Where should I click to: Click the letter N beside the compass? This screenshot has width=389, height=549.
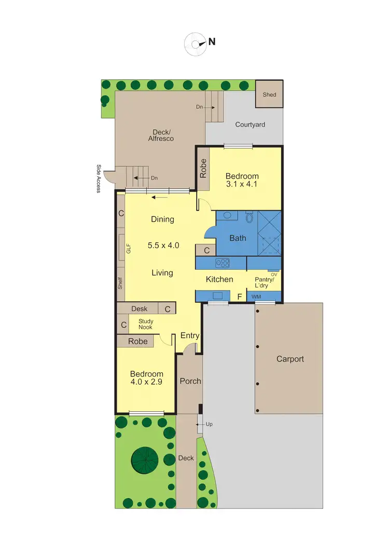tap(212, 42)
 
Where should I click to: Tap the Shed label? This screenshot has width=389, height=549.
tap(269, 95)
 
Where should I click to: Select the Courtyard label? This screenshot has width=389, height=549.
tap(250, 124)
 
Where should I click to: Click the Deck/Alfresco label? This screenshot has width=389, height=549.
tap(161, 135)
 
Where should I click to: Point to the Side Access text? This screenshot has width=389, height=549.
tap(99, 179)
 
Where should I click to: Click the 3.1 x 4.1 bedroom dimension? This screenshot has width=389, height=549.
tap(242, 184)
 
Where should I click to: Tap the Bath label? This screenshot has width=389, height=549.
tap(238, 238)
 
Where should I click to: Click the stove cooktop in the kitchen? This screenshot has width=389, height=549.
tap(223, 263)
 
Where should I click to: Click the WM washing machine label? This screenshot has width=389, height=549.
tap(256, 297)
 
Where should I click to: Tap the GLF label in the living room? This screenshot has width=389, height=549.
tap(128, 249)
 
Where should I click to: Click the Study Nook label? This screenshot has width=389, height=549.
tap(146, 324)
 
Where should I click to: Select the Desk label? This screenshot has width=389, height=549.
tap(139, 309)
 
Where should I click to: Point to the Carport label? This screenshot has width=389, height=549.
tap(290, 359)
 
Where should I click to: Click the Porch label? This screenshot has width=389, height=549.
tap(190, 381)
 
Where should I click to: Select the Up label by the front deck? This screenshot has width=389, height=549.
tap(209, 424)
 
